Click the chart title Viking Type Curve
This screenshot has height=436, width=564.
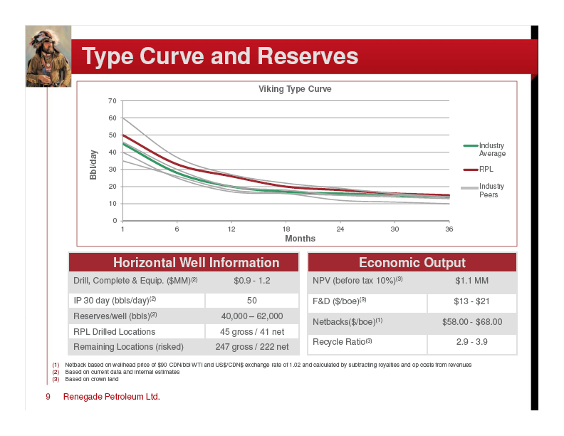(x=295, y=89)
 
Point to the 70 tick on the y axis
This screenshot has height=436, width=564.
(x=113, y=101)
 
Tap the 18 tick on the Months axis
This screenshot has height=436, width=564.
(x=286, y=229)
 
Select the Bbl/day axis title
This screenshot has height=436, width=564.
(x=93, y=165)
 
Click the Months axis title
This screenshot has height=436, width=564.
(x=300, y=239)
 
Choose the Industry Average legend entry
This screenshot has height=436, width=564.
(x=484, y=150)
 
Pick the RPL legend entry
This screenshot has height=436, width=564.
(x=479, y=169)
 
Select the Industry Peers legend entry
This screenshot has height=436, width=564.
(x=483, y=190)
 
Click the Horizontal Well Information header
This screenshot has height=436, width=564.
(x=197, y=263)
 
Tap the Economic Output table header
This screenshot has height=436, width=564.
(x=412, y=263)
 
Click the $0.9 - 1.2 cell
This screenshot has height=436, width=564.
(x=252, y=281)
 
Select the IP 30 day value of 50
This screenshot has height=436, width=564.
(x=252, y=301)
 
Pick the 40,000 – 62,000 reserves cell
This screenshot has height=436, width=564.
(x=252, y=316)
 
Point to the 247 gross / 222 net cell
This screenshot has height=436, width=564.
(x=252, y=347)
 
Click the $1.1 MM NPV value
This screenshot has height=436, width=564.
(x=471, y=281)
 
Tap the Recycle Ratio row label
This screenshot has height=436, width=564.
(x=342, y=342)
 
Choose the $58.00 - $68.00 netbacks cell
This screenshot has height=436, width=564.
(x=472, y=322)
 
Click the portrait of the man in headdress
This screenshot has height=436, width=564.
(x=48, y=56)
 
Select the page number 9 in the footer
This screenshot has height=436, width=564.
(x=48, y=397)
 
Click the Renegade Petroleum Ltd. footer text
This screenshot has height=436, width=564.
(x=112, y=397)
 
